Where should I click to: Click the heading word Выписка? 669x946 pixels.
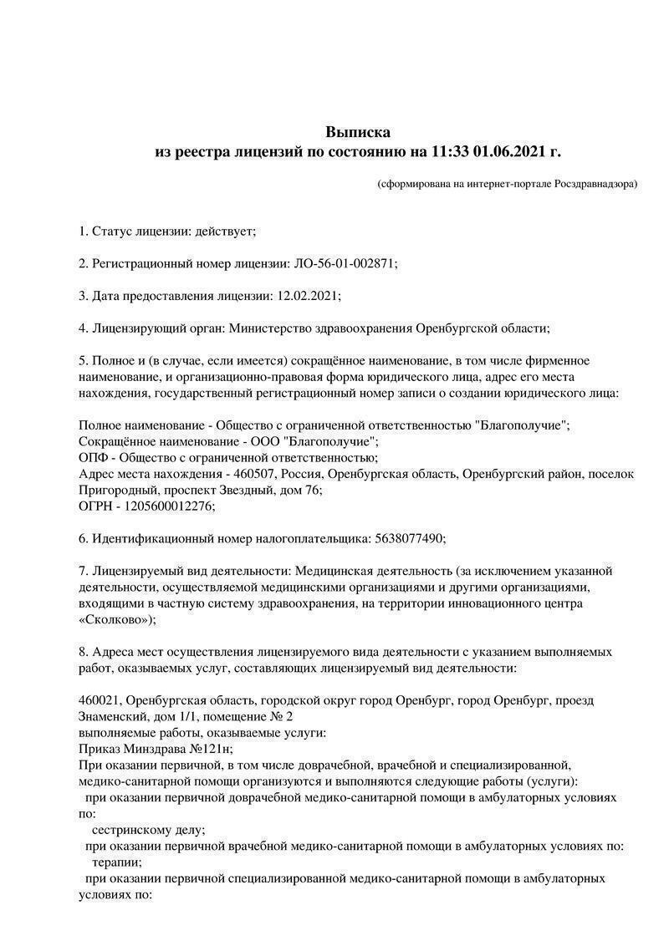click(x=357, y=132)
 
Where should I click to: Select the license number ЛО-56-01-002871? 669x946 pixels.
click(x=344, y=263)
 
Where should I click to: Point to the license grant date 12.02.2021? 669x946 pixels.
click(x=305, y=296)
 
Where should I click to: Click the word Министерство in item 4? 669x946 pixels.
click(x=269, y=328)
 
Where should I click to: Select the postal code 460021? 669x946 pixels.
click(x=100, y=700)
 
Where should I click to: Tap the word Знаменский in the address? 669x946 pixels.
click(x=111, y=716)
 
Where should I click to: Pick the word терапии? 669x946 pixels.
click(x=116, y=862)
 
